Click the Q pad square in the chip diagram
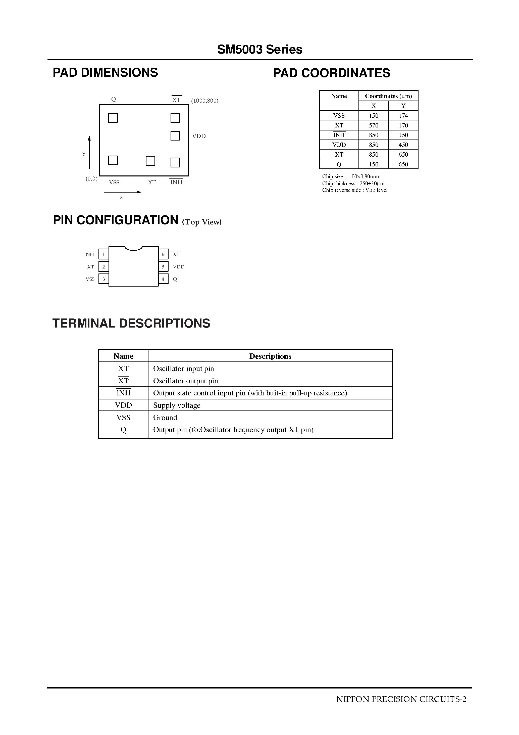pyautogui.click(x=113, y=118)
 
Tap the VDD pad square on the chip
pyautogui.click(x=175, y=136)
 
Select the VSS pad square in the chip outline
pyautogui.click(x=113, y=160)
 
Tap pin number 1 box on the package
pyautogui.click(x=104, y=254)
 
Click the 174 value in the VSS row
pyautogui.click(x=403, y=116)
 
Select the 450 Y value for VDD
pyautogui.click(x=403, y=145)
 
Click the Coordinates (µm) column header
pyautogui.click(x=388, y=96)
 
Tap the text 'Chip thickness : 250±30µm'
pyautogui.click(x=353, y=183)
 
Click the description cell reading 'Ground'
pyautogui.click(x=165, y=418)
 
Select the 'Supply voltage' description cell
pyautogui.click(x=177, y=405)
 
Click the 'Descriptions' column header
pyautogui.click(x=270, y=356)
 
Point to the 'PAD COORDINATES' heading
pyautogui.click(x=332, y=73)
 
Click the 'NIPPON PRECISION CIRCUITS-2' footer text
pyautogui.click(x=401, y=699)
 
